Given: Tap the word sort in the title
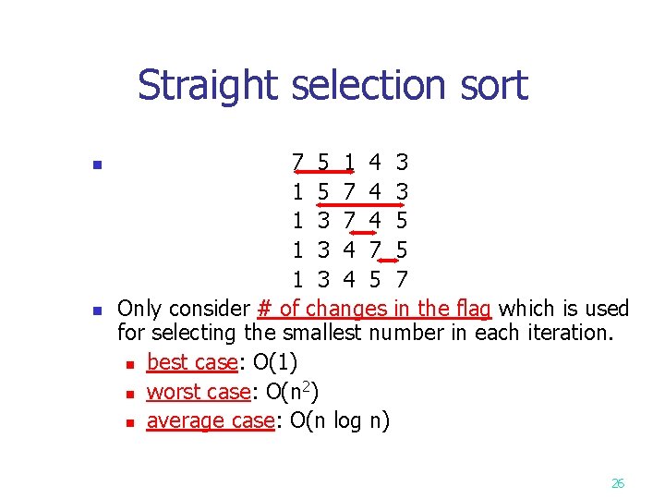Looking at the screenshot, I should pyautogui.click(x=494, y=86).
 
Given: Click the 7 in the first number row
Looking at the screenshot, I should pyautogui.click(x=297, y=164).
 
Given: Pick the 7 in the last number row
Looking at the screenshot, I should pyautogui.click(x=402, y=278).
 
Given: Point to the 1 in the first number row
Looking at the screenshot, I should pyautogui.click(x=349, y=164).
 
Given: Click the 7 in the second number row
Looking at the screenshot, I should pyautogui.click(x=349, y=192).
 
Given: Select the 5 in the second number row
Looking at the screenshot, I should pyautogui.click(x=323, y=192).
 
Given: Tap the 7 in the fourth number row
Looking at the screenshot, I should pyautogui.click(x=376, y=249).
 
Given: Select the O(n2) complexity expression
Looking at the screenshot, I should pyautogui.click(x=291, y=392).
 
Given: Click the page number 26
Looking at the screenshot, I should pyautogui.click(x=618, y=482).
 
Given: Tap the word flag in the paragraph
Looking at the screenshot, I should pyautogui.click(x=471, y=309).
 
